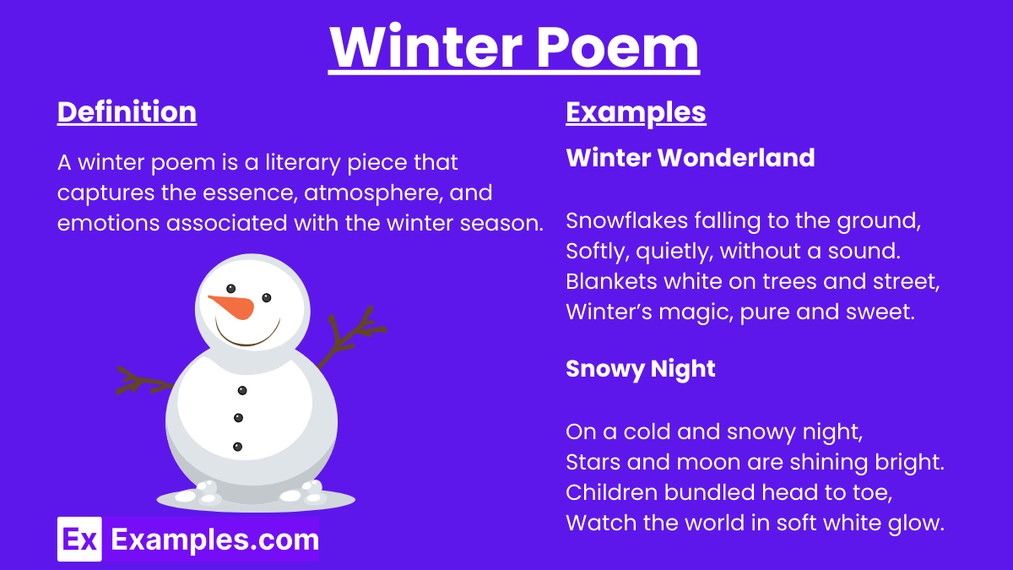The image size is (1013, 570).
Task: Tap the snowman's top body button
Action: (x=242, y=390)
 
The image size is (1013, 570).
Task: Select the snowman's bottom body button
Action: (x=237, y=447)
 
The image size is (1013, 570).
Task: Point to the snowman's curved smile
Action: (x=246, y=336)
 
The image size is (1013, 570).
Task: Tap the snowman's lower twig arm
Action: (x=144, y=382)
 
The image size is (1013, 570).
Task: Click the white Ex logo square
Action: (x=79, y=540)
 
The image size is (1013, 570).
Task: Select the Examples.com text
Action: (x=215, y=540)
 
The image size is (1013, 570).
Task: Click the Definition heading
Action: (x=127, y=111)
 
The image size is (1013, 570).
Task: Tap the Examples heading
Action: (x=636, y=112)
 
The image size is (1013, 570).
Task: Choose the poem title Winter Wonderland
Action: (x=691, y=158)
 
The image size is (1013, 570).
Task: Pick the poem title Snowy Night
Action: (x=641, y=370)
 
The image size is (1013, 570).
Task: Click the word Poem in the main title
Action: (x=618, y=47)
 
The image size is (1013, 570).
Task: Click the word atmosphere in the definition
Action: (x=373, y=193)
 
